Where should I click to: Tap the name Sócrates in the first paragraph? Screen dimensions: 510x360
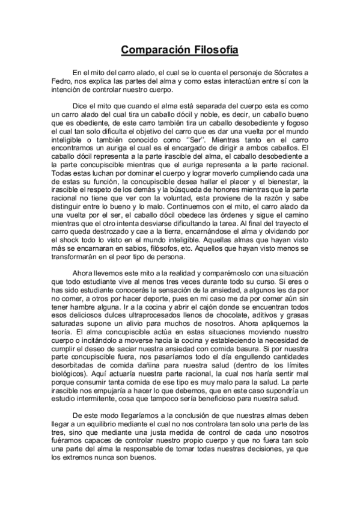tap(286, 73)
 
